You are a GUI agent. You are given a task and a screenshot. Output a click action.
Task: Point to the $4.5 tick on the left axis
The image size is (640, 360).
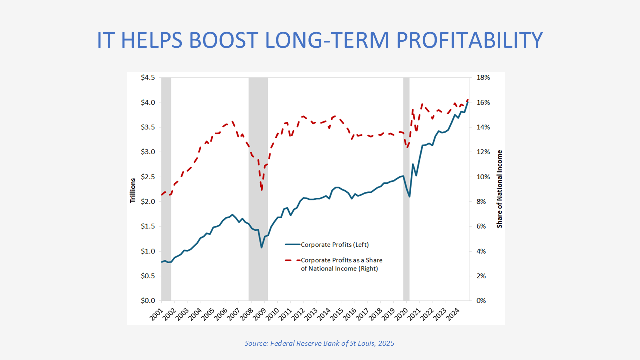(x=148, y=78)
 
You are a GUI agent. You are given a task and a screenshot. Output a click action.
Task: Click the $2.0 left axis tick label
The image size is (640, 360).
(x=148, y=202)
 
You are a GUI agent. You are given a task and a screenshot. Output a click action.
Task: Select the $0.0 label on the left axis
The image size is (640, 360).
(x=148, y=301)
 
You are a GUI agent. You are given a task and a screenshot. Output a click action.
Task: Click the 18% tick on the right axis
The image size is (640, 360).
(x=484, y=78)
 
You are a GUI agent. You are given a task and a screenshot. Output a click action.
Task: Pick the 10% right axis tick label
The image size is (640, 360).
(x=484, y=177)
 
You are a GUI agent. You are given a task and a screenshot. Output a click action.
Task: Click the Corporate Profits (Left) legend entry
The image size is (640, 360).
(x=334, y=244)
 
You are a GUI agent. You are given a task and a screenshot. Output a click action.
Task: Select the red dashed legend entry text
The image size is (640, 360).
(x=341, y=264)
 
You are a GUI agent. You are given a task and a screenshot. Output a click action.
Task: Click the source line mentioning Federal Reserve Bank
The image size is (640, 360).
(x=319, y=343)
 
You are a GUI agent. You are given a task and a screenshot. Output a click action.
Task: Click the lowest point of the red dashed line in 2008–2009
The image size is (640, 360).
(x=262, y=190)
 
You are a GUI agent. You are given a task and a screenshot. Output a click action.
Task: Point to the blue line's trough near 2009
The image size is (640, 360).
(x=261, y=247)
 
